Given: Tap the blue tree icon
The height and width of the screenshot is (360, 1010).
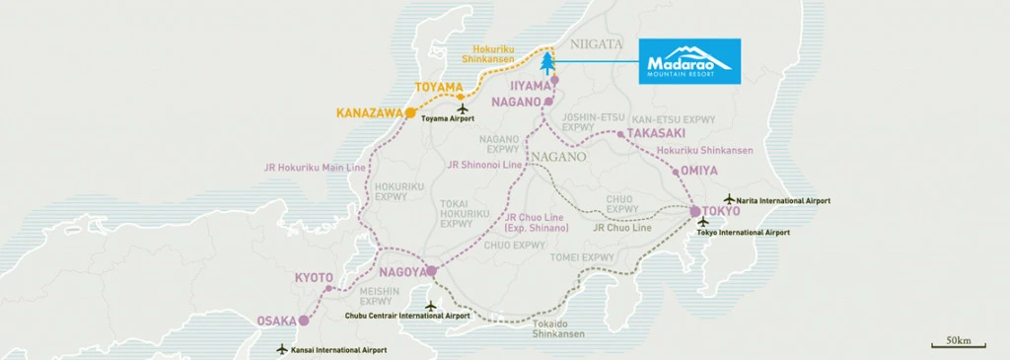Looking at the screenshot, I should [x=548, y=63].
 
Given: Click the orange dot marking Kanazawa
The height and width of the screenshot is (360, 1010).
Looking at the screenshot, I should [x=410, y=113].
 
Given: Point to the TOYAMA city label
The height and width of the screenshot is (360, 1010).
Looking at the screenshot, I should [x=438, y=88].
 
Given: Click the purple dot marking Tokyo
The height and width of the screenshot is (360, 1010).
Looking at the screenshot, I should [x=694, y=211].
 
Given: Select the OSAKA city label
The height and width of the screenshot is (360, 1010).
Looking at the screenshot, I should [x=276, y=321].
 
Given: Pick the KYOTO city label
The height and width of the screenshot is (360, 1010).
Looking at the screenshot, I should [x=314, y=279].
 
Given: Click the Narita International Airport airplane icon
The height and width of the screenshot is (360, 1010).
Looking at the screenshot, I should [x=729, y=199].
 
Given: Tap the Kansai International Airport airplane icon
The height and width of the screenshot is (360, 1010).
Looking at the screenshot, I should [x=282, y=349].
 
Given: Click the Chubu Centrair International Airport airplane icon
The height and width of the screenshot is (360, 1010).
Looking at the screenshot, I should [x=429, y=304].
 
